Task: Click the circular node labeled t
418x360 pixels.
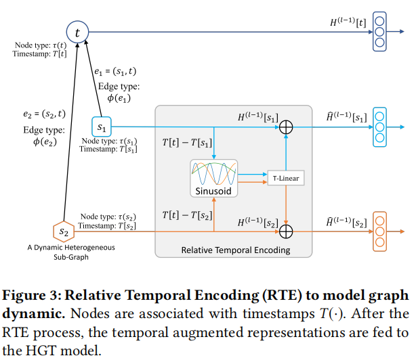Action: click(x=77, y=32)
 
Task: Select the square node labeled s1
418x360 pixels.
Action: click(x=101, y=127)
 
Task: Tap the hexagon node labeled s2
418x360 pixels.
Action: click(x=64, y=231)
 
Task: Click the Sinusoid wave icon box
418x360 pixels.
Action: click(x=213, y=174)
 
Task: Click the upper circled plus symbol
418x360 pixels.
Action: click(x=286, y=127)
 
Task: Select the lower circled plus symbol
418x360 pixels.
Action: click(x=286, y=231)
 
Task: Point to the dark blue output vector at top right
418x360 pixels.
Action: click(x=379, y=32)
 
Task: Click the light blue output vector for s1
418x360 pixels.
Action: click(x=379, y=127)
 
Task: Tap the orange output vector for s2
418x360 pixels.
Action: click(x=379, y=231)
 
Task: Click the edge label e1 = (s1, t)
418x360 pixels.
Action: click(x=114, y=70)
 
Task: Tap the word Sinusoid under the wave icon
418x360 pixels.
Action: click(x=213, y=192)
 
